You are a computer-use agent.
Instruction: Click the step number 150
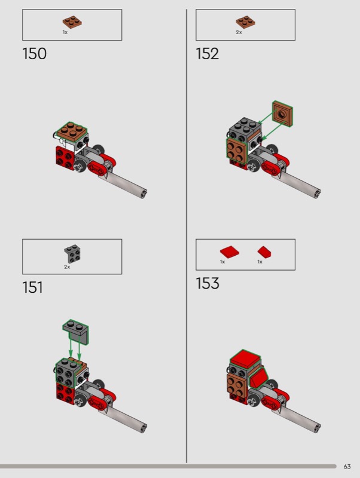pyautogui.click(x=35, y=54)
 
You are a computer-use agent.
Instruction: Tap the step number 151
pyautogui.click(x=33, y=287)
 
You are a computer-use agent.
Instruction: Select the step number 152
pyautogui.click(x=208, y=54)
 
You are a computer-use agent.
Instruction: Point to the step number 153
pyautogui.click(x=208, y=283)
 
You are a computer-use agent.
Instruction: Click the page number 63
pyautogui.click(x=347, y=467)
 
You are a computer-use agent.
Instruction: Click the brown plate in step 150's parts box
pyautogui.click(x=72, y=22)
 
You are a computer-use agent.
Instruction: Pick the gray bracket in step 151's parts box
pyautogui.click(x=72, y=253)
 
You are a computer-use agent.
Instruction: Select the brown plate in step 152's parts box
pyautogui.click(x=246, y=22)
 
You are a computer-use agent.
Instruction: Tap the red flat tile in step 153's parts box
pyautogui.click(x=230, y=252)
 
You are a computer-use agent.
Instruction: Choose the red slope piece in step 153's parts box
pyautogui.click(x=264, y=252)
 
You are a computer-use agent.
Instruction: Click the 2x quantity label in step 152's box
pyautogui.click(x=239, y=32)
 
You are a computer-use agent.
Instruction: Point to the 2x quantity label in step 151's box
pyautogui.click(x=67, y=266)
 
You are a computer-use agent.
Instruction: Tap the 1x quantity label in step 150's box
pyautogui.click(x=65, y=32)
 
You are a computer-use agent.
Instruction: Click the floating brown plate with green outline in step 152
pyautogui.click(x=282, y=114)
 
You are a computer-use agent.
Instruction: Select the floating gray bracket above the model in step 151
pyautogui.click(x=77, y=332)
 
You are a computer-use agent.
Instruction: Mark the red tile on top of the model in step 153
pyautogui.click(x=246, y=358)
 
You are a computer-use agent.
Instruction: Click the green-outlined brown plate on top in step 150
pyautogui.click(x=72, y=131)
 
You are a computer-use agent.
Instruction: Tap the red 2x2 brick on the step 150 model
pyautogui.click(x=65, y=157)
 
